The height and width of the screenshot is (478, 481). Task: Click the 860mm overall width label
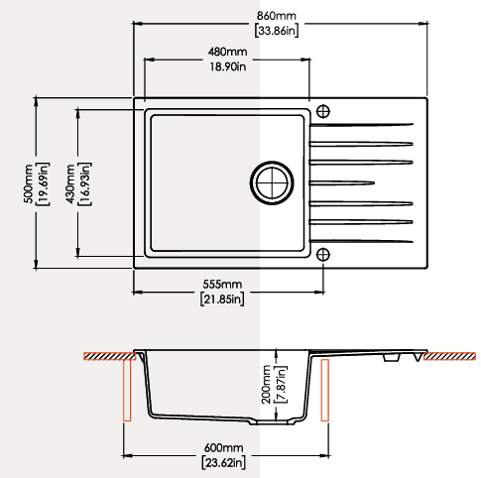(x=277, y=16)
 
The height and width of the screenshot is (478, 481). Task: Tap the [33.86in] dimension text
(x=277, y=31)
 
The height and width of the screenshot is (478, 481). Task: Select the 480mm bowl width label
(x=228, y=52)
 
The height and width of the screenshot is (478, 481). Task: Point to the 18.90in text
(x=228, y=66)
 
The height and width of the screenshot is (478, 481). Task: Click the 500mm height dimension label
(x=29, y=183)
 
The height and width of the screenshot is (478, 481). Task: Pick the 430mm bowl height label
(x=70, y=183)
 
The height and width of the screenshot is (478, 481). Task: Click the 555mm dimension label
(x=222, y=285)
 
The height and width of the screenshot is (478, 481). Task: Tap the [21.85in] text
(x=222, y=299)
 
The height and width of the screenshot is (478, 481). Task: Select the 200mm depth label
(x=266, y=385)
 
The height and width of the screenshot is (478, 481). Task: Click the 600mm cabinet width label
(x=223, y=448)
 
